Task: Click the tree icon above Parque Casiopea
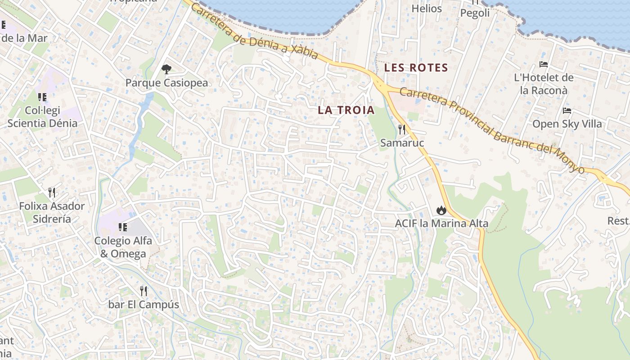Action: pos(166,69)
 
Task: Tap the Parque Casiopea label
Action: pos(166,83)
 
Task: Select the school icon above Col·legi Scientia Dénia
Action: pos(42,97)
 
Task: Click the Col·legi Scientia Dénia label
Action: pos(42,117)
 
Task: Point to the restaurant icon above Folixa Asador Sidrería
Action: pos(52,193)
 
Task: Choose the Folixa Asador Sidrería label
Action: pos(52,212)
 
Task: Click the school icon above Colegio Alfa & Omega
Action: pos(123,227)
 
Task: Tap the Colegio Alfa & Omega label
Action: pos(123,247)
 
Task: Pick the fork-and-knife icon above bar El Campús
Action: pos(144,291)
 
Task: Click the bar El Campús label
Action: pos(144,305)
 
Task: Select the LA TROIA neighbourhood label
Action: pos(346,110)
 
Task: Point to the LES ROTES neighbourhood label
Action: pos(416,68)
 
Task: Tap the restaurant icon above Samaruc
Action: pos(402,130)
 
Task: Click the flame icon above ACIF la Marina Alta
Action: pos(441,210)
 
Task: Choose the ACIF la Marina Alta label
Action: pos(441,223)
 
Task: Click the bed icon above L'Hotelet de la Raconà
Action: pos(544,64)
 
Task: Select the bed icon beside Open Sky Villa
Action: pos(567,110)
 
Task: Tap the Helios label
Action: pos(427,9)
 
